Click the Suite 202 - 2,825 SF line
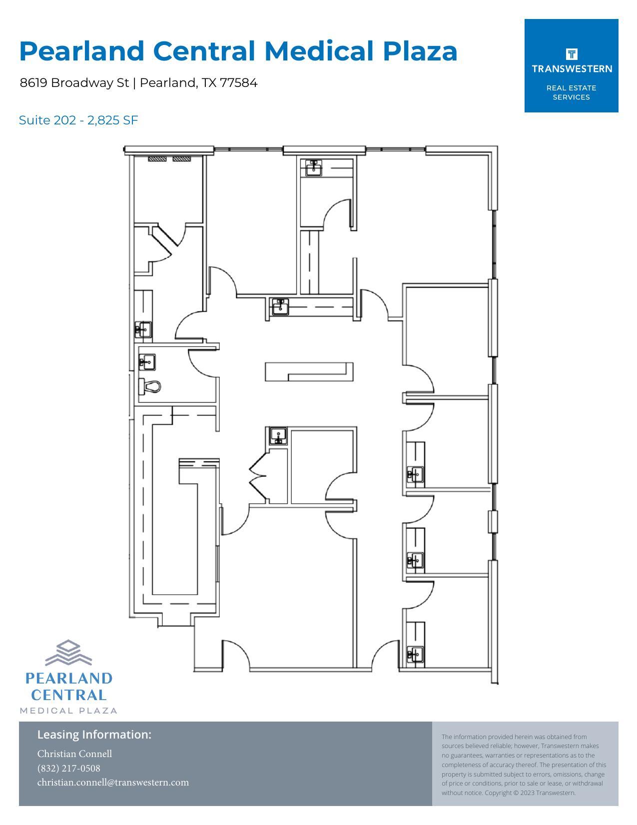click(78, 120)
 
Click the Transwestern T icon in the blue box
click(571, 54)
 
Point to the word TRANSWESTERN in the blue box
click(572, 69)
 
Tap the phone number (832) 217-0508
click(68, 768)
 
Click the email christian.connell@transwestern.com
click(113, 783)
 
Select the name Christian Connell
click(74, 754)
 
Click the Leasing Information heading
click(94, 735)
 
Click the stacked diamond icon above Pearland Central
click(68, 653)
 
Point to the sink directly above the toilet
click(147, 362)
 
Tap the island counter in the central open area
click(309, 372)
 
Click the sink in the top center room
click(314, 167)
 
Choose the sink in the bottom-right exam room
click(415, 654)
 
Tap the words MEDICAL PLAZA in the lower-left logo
click(68, 711)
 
